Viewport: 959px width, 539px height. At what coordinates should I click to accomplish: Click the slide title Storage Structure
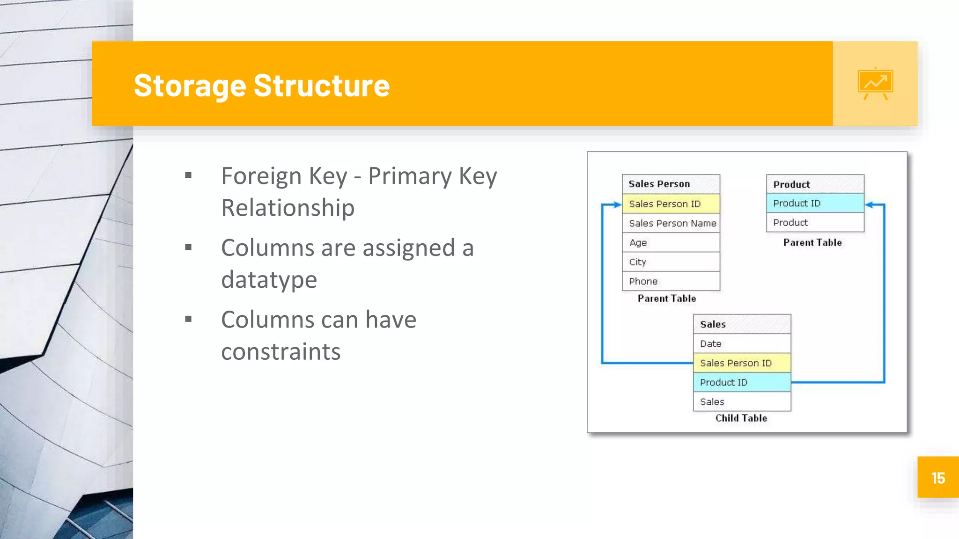(x=261, y=85)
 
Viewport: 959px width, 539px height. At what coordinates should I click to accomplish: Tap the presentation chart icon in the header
(x=875, y=84)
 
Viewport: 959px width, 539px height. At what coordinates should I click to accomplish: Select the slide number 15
(x=938, y=478)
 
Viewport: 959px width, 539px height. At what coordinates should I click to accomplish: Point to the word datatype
(x=269, y=280)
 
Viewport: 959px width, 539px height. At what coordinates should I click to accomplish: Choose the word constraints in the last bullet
(x=280, y=351)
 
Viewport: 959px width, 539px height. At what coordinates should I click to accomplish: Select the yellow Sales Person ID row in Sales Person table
(x=671, y=204)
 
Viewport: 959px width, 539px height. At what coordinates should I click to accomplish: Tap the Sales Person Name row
(x=672, y=223)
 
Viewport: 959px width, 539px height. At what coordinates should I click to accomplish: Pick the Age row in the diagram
(x=671, y=242)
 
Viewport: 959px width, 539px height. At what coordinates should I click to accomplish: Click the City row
(x=671, y=262)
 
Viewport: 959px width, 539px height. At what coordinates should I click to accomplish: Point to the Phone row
(x=671, y=281)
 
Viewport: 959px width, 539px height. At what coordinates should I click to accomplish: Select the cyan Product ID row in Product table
(x=815, y=203)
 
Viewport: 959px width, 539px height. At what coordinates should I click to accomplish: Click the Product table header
(x=815, y=184)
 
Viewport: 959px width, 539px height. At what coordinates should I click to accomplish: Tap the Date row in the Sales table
(x=742, y=343)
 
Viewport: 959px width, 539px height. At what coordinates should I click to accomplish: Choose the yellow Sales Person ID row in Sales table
(x=742, y=363)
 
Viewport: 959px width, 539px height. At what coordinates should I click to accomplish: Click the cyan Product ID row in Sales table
(x=742, y=382)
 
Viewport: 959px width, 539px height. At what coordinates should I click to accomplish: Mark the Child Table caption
(x=741, y=418)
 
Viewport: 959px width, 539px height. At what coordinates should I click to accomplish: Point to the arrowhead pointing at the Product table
(x=869, y=204)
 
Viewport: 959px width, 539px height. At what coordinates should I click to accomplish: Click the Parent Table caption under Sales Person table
(x=667, y=298)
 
